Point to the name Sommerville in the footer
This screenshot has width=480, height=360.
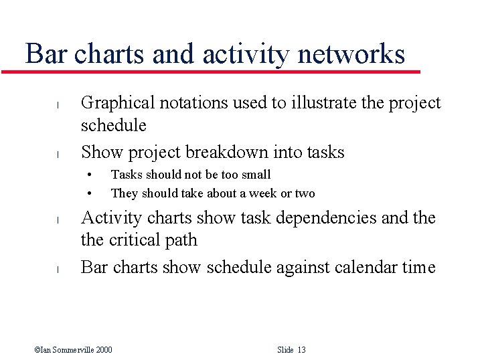73,350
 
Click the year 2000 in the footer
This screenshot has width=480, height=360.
103,350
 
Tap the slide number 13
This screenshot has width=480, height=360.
301,350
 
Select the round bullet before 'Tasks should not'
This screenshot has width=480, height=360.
88,175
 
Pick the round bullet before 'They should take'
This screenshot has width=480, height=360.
88,194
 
